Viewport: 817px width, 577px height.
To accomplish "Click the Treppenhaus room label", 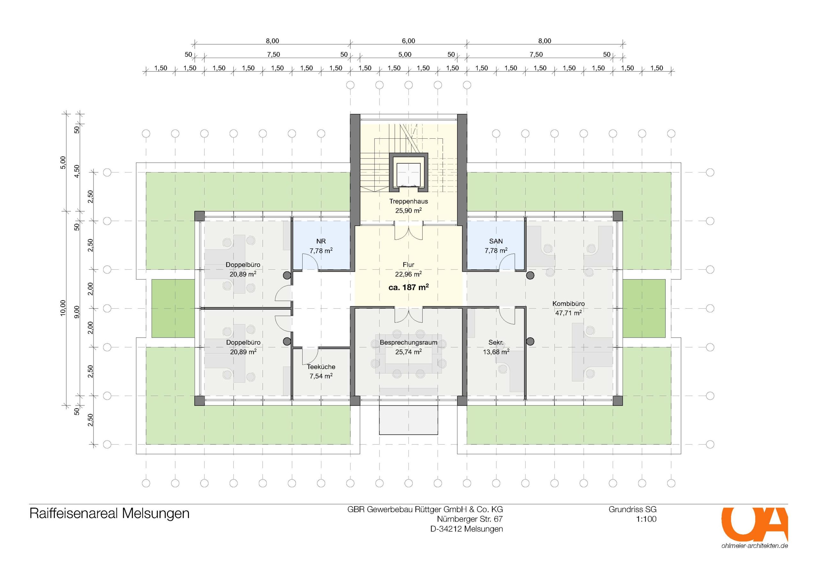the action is [x=408, y=201].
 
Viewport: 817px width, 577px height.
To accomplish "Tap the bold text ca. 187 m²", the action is [x=408, y=287].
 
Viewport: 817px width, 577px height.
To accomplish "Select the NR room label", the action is [x=321, y=241].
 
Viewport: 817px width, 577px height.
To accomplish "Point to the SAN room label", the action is [x=496, y=241].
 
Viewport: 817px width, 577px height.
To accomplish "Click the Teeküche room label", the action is [x=321, y=367].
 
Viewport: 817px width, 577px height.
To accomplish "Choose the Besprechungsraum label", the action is [x=408, y=343].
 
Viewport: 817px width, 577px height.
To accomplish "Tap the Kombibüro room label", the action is [x=569, y=303].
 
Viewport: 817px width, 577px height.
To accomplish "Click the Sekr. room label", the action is [x=496, y=343].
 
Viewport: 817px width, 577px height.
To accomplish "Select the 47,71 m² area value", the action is [x=569, y=313].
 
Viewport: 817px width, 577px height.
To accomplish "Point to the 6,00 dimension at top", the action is [x=408, y=41].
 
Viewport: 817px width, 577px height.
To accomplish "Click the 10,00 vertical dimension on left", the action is [x=63, y=308].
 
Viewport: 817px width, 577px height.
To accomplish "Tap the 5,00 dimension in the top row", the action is [x=405, y=55].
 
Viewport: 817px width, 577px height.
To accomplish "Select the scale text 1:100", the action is [x=646, y=519].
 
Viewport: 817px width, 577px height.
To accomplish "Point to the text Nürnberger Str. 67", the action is [x=470, y=519].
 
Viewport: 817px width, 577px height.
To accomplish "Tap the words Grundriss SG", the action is [x=632, y=509].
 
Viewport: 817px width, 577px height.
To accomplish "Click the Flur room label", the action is [x=408, y=265].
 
